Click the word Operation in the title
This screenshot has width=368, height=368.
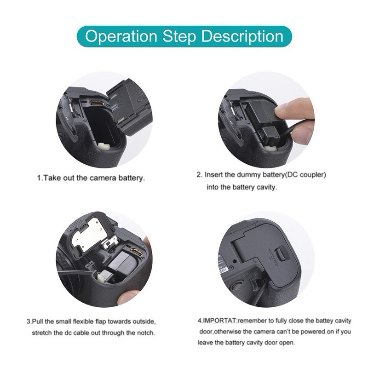(121, 37)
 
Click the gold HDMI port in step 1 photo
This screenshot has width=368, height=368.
(95, 103)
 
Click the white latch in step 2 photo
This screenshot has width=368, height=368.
(270, 149)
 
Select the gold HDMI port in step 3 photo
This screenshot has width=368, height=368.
(137, 252)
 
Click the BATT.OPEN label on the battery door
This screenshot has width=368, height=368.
(273, 258)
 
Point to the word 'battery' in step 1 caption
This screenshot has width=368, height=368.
(131, 178)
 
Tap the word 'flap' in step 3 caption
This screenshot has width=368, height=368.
(101, 321)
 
